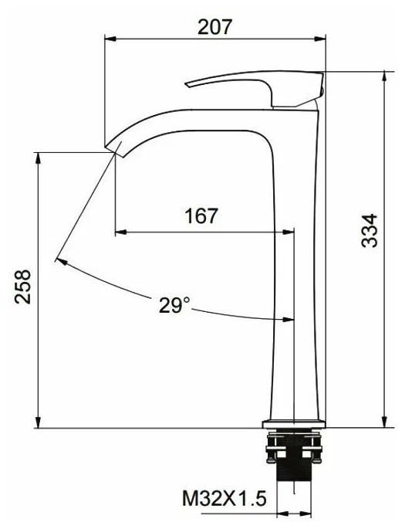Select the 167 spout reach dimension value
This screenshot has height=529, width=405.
(201, 216)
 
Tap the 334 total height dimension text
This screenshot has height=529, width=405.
(371, 229)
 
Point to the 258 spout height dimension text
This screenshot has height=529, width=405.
(23, 287)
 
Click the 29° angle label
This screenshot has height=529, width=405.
(174, 306)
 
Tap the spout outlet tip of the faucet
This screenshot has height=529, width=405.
(113, 148)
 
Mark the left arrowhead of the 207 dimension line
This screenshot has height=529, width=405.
(108, 39)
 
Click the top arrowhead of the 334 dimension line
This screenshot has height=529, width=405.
(383, 73)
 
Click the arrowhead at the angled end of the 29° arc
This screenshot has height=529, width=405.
(59, 260)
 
